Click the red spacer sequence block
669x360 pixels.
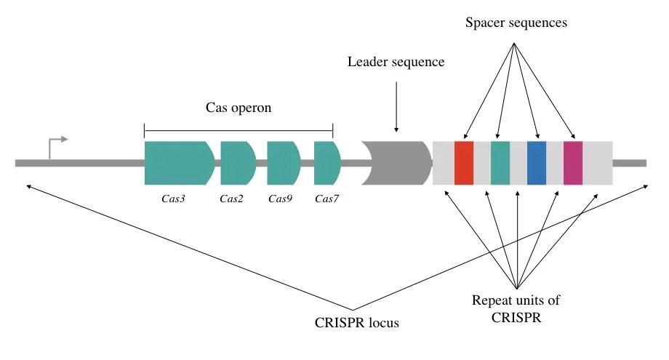tap(464, 163)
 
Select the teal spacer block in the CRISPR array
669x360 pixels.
tap(500, 163)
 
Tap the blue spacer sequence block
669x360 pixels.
tap(537, 163)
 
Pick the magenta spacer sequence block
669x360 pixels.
tap(573, 163)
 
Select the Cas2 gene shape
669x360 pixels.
tap(237, 163)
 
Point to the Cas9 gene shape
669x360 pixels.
tap(283, 163)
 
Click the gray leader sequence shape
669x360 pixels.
tap(396, 163)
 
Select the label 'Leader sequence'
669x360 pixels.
tap(396, 62)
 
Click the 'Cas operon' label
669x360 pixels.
tap(238, 107)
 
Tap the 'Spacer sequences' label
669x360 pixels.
tap(516, 23)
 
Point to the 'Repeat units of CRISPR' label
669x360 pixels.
tap(516, 308)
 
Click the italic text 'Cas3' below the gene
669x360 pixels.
tap(173, 199)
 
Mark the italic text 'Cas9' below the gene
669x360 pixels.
tap(280, 199)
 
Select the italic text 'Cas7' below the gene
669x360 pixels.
tap(327, 199)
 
